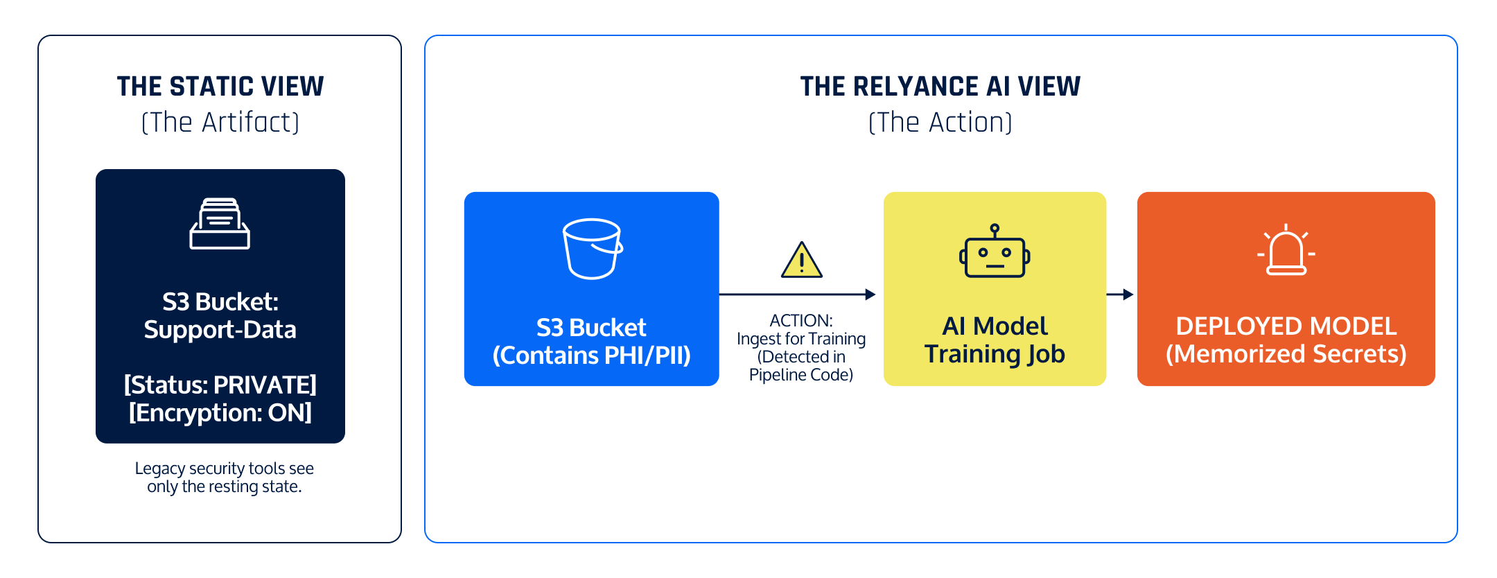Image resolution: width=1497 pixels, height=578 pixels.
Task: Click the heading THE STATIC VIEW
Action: (x=220, y=87)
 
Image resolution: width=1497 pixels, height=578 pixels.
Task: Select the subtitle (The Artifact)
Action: (x=220, y=123)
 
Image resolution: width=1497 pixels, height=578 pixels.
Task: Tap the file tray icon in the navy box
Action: (x=220, y=223)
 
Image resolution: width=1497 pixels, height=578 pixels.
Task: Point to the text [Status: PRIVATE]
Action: (x=220, y=385)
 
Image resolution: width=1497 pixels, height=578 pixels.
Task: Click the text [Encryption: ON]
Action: (x=220, y=413)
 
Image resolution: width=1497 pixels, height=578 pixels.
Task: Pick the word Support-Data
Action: (x=220, y=330)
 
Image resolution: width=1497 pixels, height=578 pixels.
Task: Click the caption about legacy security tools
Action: (x=224, y=478)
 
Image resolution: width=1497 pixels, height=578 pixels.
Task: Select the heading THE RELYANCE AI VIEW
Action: (x=940, y=87)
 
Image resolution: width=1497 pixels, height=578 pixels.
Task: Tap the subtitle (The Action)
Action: (x=940, y=123)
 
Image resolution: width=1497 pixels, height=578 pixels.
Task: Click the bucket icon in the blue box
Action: (x=592, y=249)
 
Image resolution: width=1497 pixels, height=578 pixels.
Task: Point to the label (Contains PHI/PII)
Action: (x=591, y=356)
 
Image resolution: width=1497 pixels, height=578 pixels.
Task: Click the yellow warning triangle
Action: (x=801, y=261)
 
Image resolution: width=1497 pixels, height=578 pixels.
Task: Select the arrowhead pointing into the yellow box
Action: (x=870, y=295)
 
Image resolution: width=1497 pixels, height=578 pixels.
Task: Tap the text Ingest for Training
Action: (x=801, y=339)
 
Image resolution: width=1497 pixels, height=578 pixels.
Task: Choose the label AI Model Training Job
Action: (x=995, y=340)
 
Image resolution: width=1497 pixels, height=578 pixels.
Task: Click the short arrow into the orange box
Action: (x=1121, y=295)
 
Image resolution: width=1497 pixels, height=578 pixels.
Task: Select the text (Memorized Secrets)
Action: (x=1286, y=354)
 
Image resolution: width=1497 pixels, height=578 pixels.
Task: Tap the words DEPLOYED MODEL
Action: (x=1286, y=326)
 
